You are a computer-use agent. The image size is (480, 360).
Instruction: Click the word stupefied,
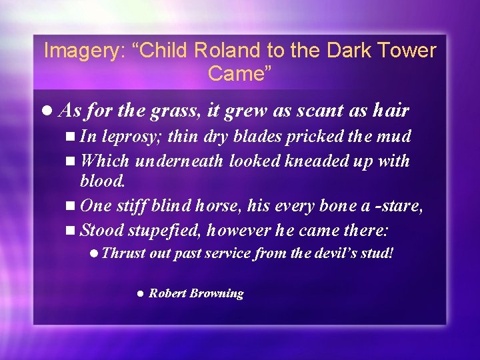165,231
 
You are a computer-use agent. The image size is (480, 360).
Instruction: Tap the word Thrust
124,253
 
